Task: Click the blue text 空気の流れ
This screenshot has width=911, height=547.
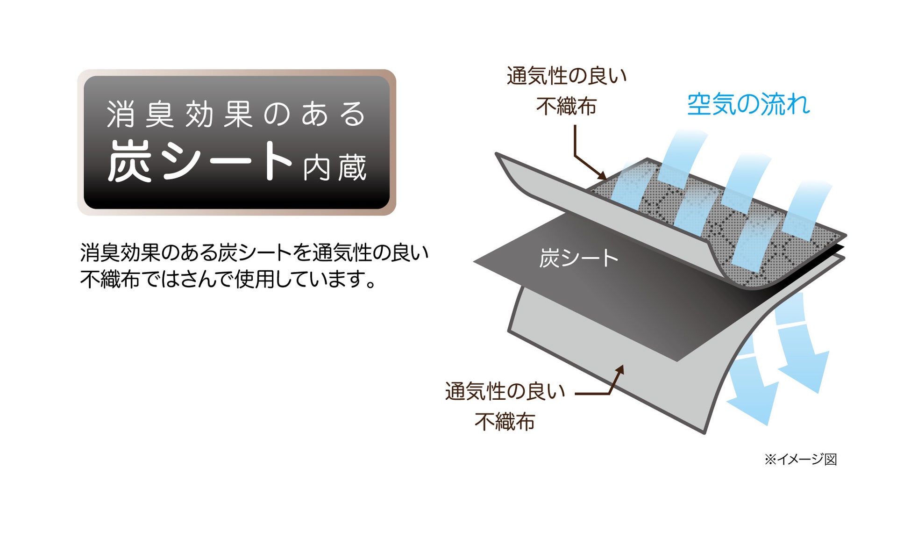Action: coord(748,104)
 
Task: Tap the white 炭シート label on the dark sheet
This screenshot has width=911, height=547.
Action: coord(578,258)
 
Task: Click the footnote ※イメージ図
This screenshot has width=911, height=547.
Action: coord(800,460)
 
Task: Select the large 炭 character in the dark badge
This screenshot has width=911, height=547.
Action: coord(130,161)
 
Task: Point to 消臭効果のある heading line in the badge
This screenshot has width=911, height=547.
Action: coord(236,114)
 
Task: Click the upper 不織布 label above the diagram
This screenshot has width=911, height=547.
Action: coord(566,106)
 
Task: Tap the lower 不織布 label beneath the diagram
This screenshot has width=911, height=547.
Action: coord(505,422)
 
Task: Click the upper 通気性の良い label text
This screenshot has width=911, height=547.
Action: coord(566,76)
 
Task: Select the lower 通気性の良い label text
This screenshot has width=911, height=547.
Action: coord(505,391)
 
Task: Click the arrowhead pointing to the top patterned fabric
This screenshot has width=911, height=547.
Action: coord(602,176)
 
